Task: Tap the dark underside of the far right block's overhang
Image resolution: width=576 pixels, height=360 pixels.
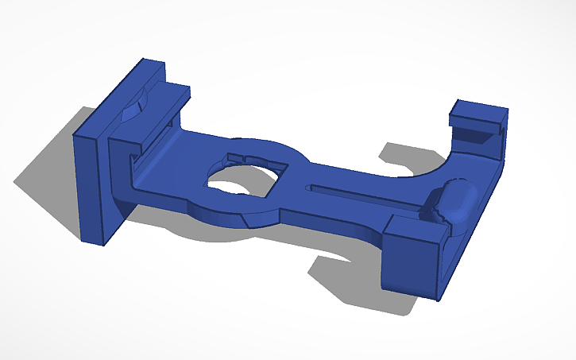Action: [477, 135]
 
